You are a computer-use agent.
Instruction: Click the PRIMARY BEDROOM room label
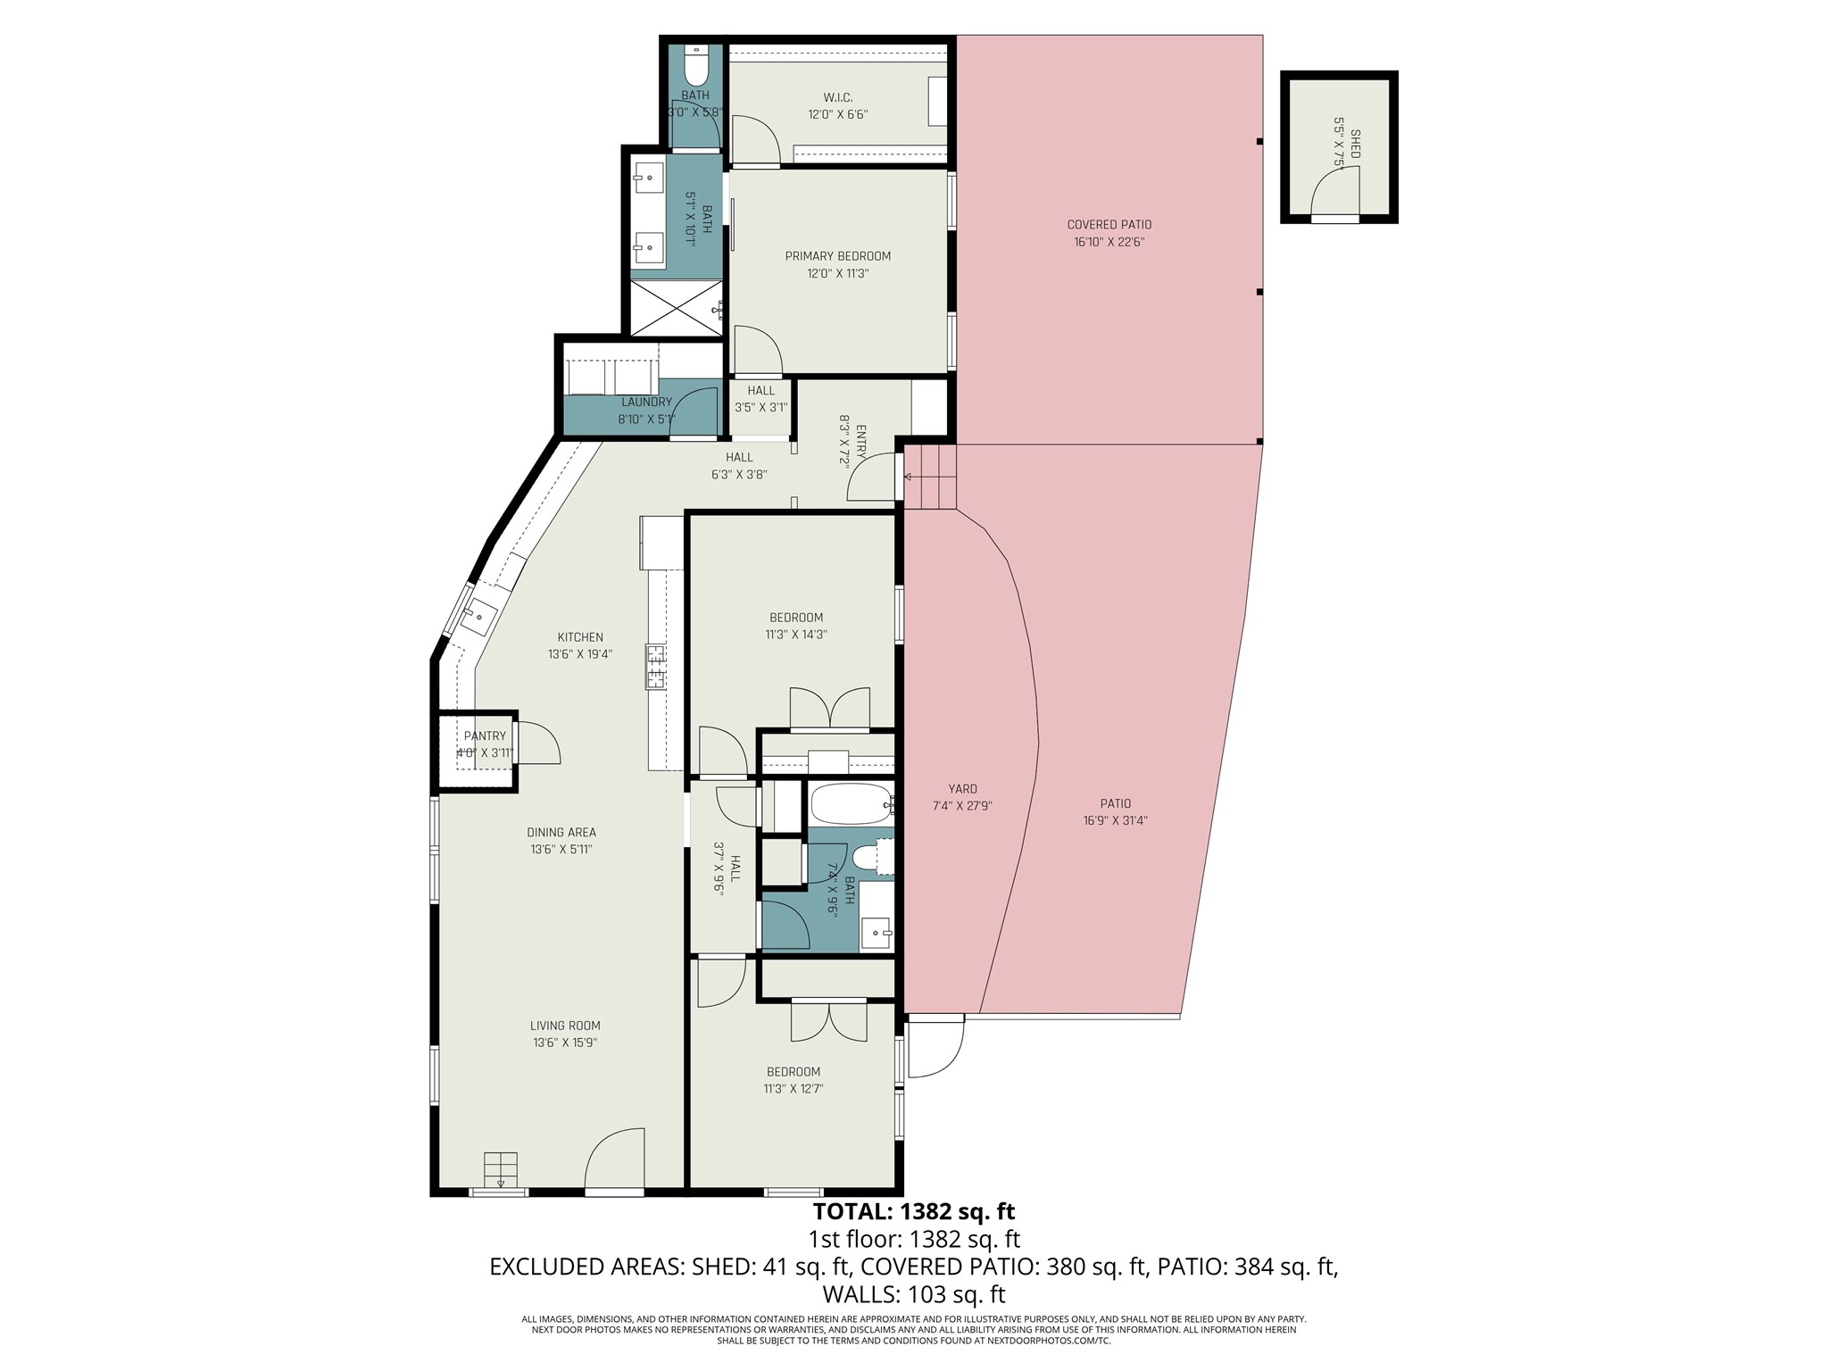pos(837,256)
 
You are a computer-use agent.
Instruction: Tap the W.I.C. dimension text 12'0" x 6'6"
pos(837,114)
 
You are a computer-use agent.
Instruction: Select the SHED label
pos(1355,144)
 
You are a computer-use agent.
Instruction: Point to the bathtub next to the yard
pos(851,804)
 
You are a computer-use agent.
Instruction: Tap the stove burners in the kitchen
pos(656,666)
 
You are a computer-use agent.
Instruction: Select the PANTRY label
pos(485,736)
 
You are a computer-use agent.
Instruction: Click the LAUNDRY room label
pos(646,403)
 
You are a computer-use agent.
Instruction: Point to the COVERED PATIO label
pos(1109,225)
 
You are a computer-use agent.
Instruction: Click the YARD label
pos(962,789)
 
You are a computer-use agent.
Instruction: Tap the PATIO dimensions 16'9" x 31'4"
pos(1115,820)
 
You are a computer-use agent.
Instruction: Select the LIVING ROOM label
pos(564,1026)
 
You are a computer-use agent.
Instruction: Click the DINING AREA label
pos(561,833)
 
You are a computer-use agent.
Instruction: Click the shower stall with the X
pos(676,308)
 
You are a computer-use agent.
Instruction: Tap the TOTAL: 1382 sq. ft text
pos(913,1211)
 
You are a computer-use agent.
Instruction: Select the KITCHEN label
pos(580,637)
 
